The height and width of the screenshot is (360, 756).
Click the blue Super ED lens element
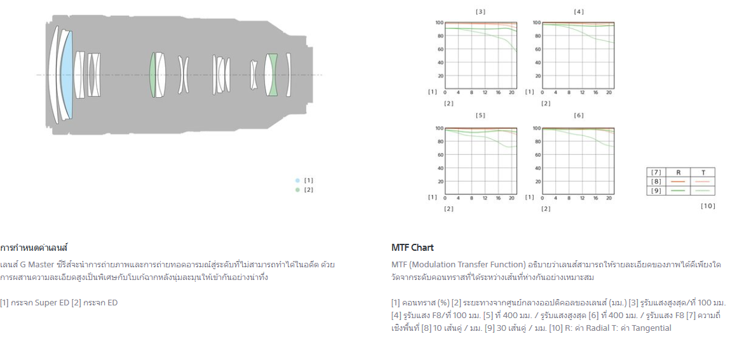[x=67, y=75]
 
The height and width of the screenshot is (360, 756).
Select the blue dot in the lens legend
[x=297, y=180]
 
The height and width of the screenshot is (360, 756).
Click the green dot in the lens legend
[x=297, y=190]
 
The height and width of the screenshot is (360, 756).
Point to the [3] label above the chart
[x=481, y=11]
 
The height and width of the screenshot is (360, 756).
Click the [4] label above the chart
[x=579, y=11]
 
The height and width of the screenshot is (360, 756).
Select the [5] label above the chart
[x=481, y=116]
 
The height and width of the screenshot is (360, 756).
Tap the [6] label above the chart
[x=579, y=116]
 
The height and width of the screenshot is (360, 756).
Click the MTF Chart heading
[x=412, y=248]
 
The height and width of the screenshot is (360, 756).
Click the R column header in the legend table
[x=678, y=172]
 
